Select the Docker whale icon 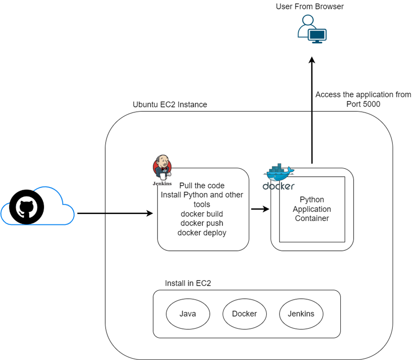(x=278, y=173)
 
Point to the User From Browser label (x=310, y=6)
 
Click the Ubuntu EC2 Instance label (x=170, y=105)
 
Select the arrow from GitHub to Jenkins (x=115, y=214)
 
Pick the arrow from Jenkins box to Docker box (x=260, y=209)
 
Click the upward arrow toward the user (x=312, y=111)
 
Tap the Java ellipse (x=188, y=314)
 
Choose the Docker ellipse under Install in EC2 (x=244, y=314)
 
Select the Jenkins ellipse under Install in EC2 (x=301, y=314)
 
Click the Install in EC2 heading (x=188, y=283)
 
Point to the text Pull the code (x=202, y=186)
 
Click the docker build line (x=202, y=214)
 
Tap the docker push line (x=202, y=223)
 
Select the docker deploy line (x=202, y=233)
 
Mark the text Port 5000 (x=363, y=104)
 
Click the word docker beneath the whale (x=278, y=186)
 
